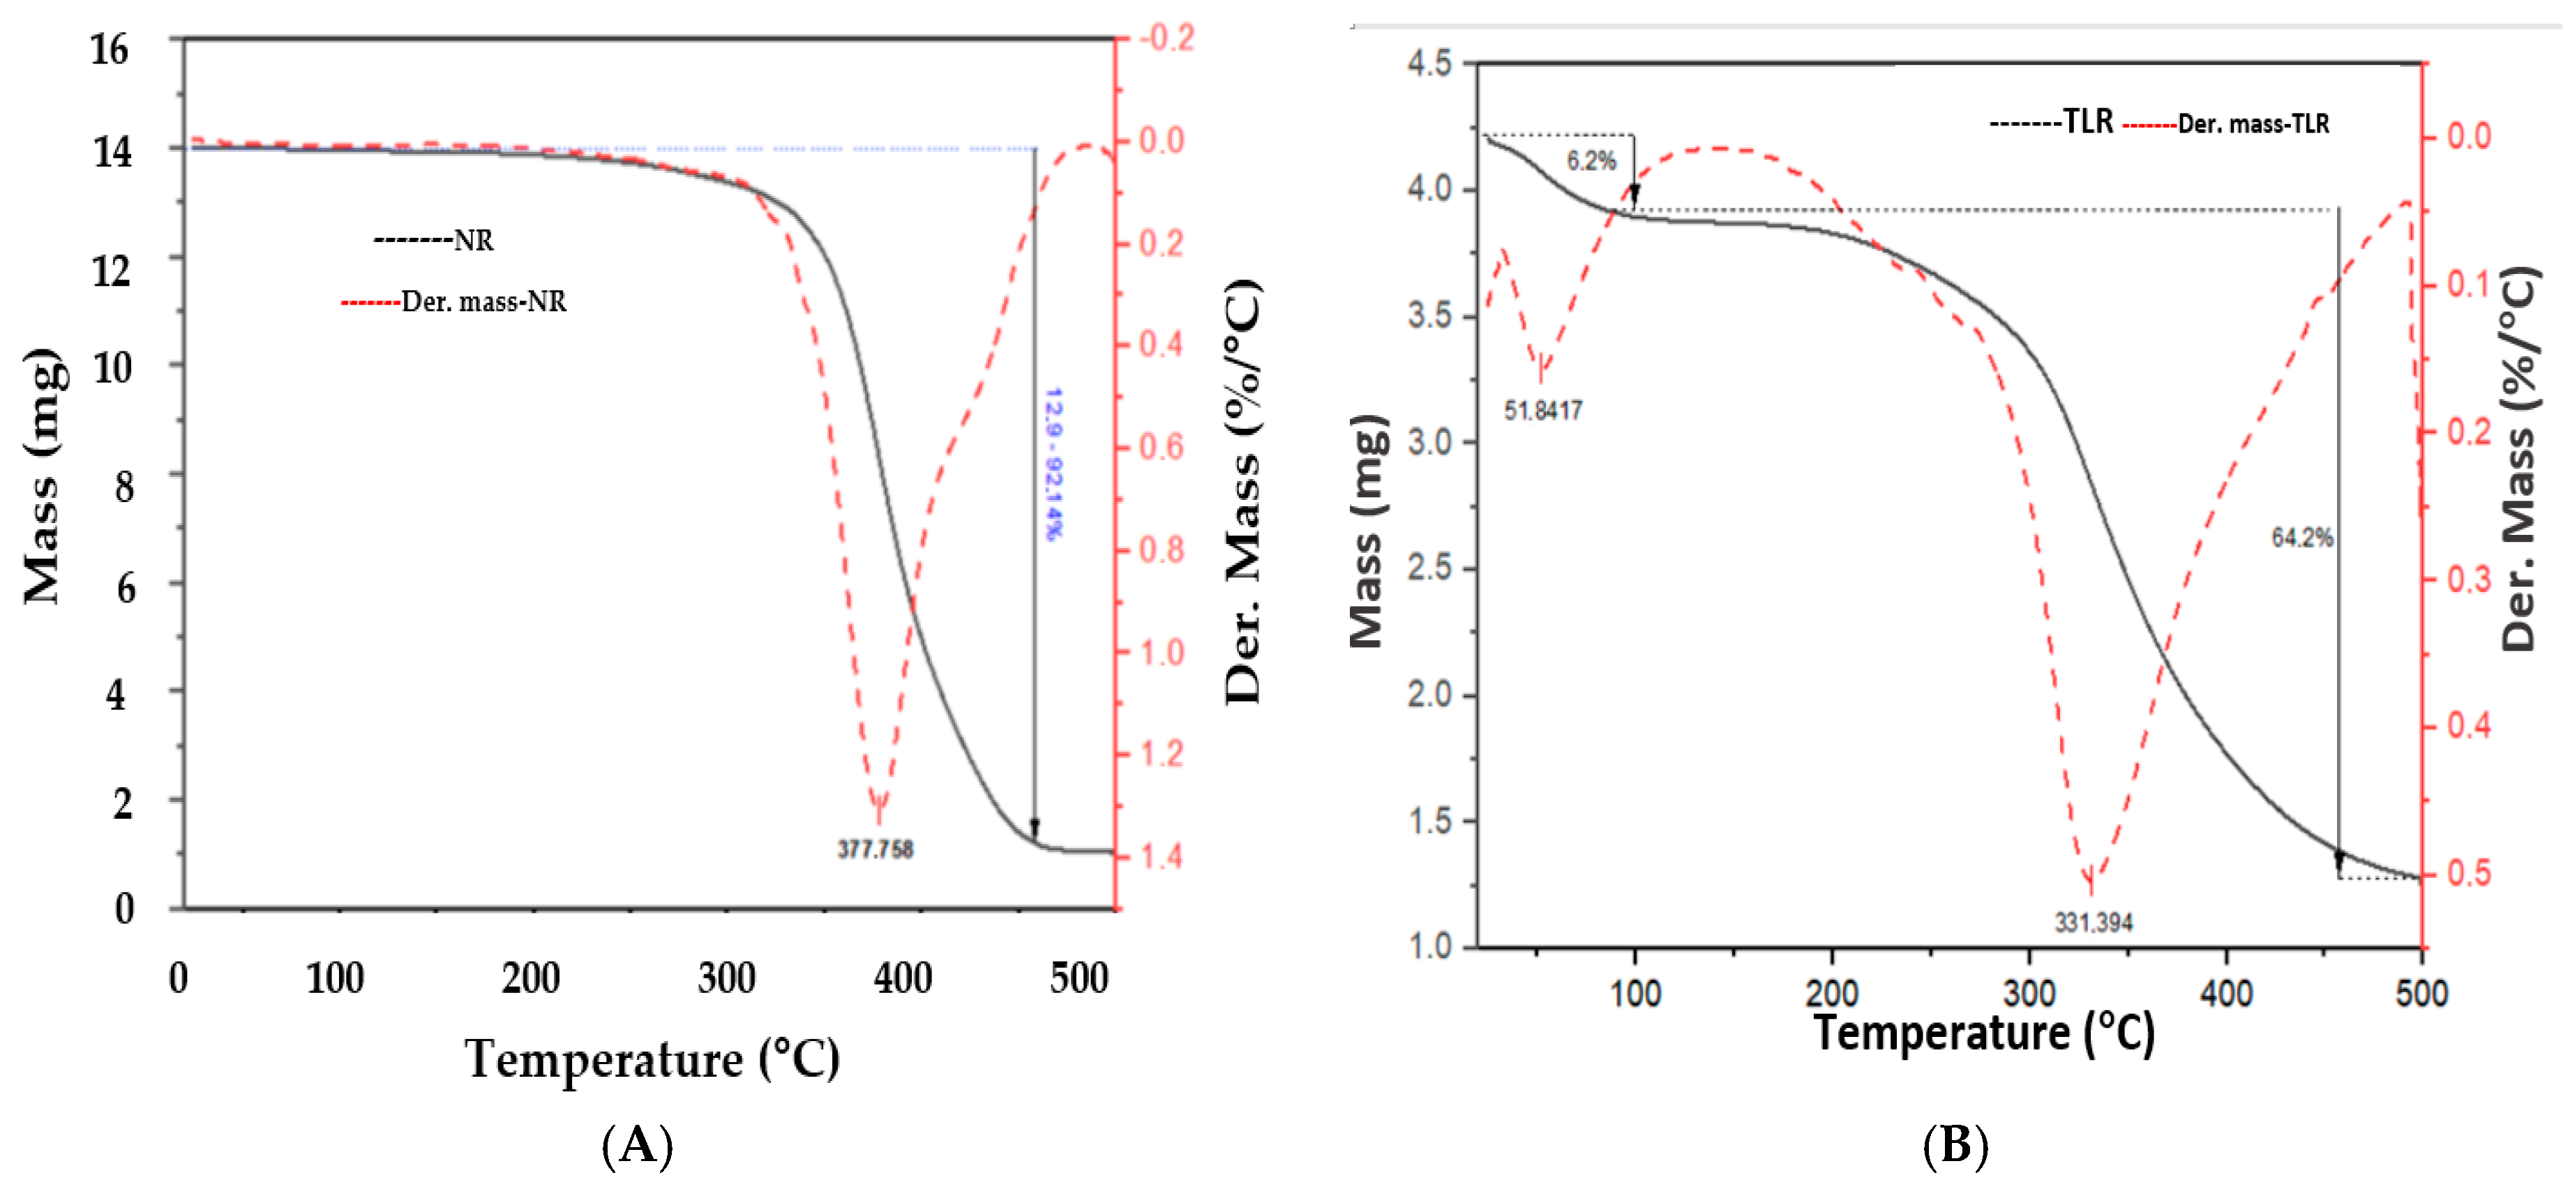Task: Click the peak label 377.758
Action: [x=875, y=849]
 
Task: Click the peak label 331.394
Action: [x=2093, y=923]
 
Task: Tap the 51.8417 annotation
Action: [x=1542, y=410]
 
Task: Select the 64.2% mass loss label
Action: [x=2301, y=538]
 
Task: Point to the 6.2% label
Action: [x=1591, y=160]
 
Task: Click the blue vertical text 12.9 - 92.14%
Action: [x=1053, y=464]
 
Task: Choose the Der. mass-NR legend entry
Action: [x=455, y=301]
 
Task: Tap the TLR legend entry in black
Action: [x=2052, y=122]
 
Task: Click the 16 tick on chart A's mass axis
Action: [x=110, y=49]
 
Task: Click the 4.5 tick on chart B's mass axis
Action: [x=1429, y=64]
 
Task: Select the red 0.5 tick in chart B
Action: [x=2468, y=873]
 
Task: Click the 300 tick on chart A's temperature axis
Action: [x=726, y=978]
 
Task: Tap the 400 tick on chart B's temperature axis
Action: [x=2226, y=994]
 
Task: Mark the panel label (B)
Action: [x=1955, y=1145]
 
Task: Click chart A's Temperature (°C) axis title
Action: [x=652, y=1059]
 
